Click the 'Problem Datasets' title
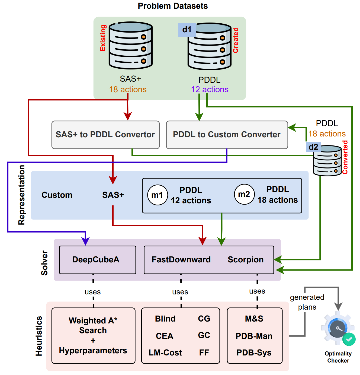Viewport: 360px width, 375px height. point(173,6)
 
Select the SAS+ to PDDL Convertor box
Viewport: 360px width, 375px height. point(105,135)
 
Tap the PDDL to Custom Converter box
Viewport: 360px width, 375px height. point(227,135)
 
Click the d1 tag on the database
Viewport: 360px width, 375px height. point(187,30)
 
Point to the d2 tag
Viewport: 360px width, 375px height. point(313,147)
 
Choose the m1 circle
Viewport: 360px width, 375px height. point(157,195)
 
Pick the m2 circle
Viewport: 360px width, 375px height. point(244,194)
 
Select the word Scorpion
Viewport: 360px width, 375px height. point(246,260)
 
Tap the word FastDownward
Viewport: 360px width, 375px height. point(181,260)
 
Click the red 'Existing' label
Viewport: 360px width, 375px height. point(103,38)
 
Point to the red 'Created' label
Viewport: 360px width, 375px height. point(236,40)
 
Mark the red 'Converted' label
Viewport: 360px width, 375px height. point(345,157)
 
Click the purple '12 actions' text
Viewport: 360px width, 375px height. point(210,90)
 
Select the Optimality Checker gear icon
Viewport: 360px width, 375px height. point(337,329)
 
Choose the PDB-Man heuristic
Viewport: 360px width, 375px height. point(254,336)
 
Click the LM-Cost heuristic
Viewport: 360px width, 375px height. point(165,353)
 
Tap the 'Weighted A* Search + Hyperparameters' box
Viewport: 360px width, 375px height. point(93,336)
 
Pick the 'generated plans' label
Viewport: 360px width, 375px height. point(307,302)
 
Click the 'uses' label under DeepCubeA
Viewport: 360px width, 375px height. point(93,292)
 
